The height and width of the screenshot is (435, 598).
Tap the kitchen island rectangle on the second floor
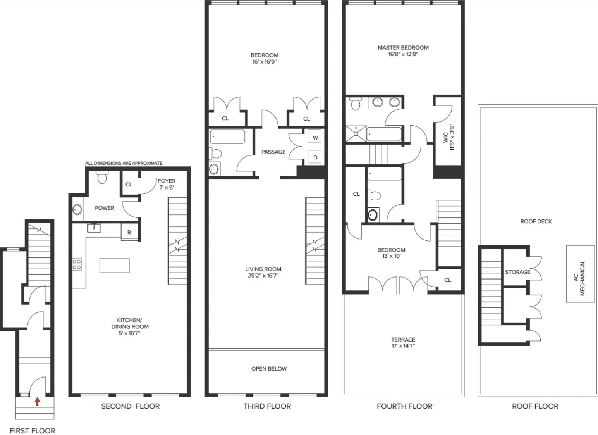click(x=114, y=266)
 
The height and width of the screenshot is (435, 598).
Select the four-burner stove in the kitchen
click(x=77, y=264)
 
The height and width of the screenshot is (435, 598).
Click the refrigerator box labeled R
click(x=129, y=233)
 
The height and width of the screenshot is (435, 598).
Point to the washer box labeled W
click(x=315, y=138)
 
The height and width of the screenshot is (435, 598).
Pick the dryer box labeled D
click(x=315, y=157)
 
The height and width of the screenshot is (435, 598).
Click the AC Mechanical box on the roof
click(x=580, y=274)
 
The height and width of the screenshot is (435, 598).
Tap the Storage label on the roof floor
click(x=517, y=272)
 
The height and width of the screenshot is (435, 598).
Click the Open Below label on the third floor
click(x=269, y=369)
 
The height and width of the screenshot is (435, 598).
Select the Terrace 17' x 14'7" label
click(x=403, y=343)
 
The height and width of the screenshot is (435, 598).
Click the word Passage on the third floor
click(x=273, y=152)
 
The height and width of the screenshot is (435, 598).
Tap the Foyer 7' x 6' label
click(x=166, y=184)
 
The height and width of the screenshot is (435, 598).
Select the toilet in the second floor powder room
click(x=102, y=178)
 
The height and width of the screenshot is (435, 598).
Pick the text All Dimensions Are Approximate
click(x=124, y=163)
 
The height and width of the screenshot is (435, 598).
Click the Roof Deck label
click(x=536, y=221)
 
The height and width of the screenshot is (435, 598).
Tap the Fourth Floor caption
click(x=404, y=406)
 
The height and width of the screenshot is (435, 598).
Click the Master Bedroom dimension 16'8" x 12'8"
click(x=403, y=55)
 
